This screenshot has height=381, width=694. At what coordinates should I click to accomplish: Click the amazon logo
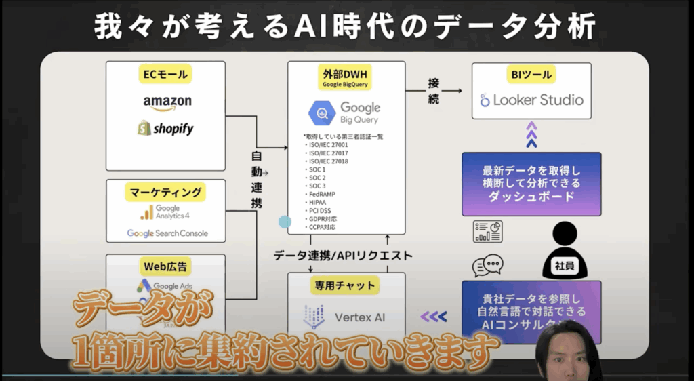tap(167, 102)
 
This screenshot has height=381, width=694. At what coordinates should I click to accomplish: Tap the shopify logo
tap(165, 128)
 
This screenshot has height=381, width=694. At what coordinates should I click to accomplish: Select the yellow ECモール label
tap(165, 73)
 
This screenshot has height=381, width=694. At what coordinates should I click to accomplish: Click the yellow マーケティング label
tap(165, 193)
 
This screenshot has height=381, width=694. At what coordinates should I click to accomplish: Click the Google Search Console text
tap(167, 233)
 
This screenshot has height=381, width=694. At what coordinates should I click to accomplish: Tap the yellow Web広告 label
tap(165, 265)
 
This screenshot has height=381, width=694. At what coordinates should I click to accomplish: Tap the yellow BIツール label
tap(531, 75)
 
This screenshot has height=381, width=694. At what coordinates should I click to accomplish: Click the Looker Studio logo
tap(531, 100)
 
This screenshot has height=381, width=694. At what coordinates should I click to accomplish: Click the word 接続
tap(434, 91)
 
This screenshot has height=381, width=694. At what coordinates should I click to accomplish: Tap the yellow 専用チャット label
tap(346, 285)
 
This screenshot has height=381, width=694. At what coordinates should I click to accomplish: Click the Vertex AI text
tap(365, 317)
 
